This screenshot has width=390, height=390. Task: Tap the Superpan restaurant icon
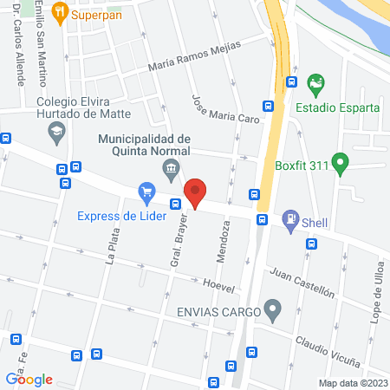59,12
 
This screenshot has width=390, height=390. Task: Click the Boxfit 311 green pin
341,161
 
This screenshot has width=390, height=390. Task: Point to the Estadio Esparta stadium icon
315,85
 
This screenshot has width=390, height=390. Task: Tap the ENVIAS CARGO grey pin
274,309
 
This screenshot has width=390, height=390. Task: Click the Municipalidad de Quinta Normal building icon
172,166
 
